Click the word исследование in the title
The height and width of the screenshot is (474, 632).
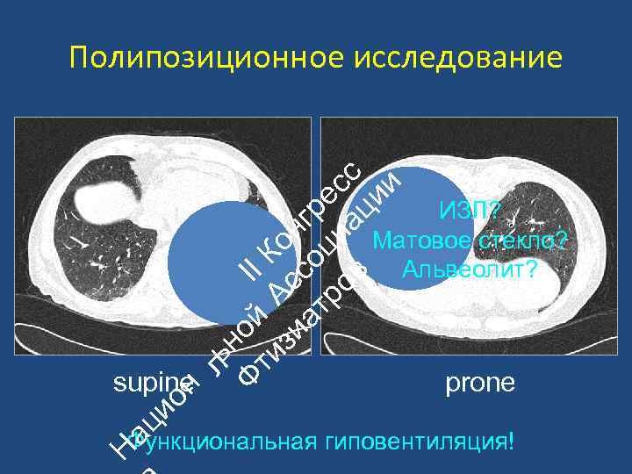point(458,59)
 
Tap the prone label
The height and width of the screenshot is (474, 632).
point(480,384)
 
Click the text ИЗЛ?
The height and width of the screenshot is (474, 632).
point(470,211)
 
